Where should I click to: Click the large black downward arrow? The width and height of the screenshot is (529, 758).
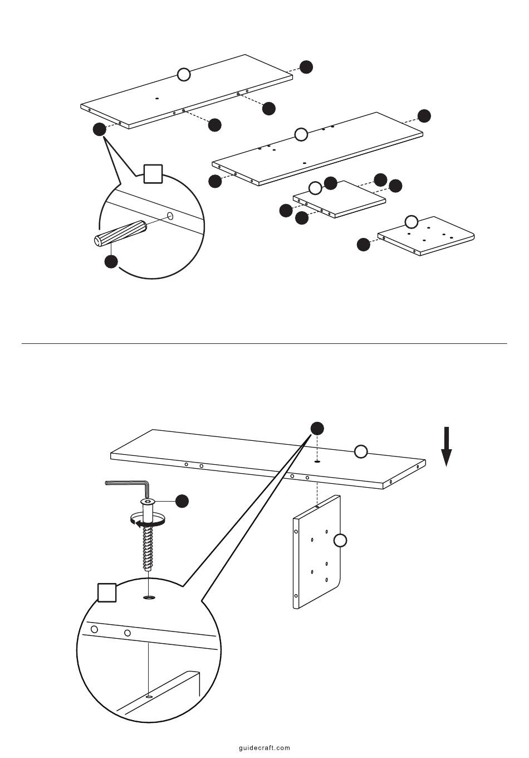click(447, 446)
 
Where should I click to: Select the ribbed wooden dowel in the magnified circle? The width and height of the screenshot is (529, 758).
click(120, 234)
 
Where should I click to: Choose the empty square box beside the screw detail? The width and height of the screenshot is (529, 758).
click(107, 592)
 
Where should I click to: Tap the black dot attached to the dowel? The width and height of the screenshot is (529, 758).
click(111, 261)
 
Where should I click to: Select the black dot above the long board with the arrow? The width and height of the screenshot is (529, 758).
click(317, 429)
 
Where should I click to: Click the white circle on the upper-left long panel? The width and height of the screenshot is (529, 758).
click(184, 75)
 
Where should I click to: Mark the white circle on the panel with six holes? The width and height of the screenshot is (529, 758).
click(412, 222)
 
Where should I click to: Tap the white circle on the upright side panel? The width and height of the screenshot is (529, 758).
click(340, 540)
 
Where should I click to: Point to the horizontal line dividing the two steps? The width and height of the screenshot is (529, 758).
click(264, 343)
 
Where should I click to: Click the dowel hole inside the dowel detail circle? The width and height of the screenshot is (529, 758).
click(171, 216)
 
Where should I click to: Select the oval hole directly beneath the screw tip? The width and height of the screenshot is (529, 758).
click(149, 598)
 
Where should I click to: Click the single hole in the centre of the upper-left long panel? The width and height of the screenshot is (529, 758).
click(156, 98)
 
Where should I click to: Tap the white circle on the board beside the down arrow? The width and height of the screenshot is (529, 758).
click(361, 451)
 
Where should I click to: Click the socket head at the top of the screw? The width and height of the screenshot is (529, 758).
click(148, 501)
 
